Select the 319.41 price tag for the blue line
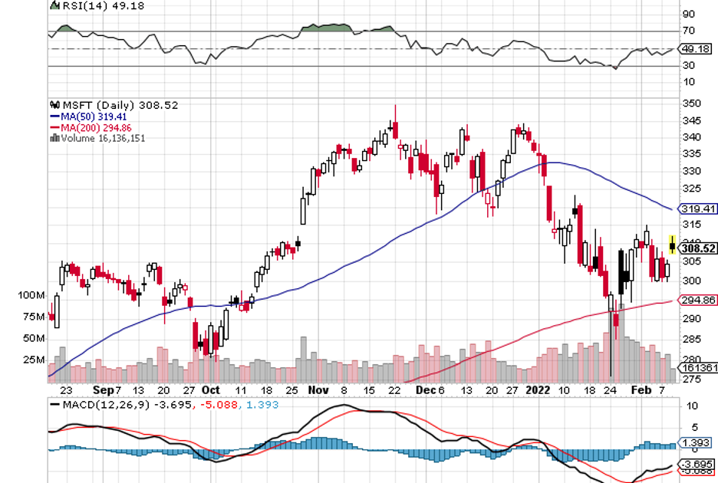698,208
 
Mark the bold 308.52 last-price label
699,248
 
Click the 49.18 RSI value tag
698,49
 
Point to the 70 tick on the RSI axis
688,31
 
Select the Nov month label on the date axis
317,389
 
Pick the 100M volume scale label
33,295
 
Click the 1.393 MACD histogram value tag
697,444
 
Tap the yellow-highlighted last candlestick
673,245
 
